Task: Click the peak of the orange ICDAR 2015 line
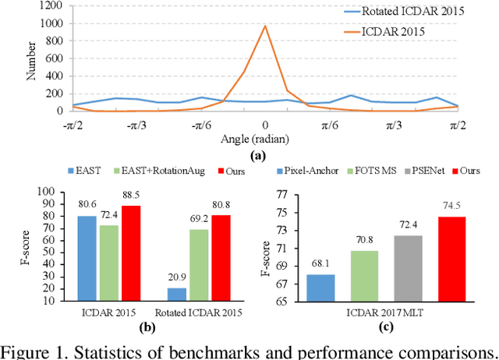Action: click(265, 26)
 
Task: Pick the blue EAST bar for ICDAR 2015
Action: click(88, 254)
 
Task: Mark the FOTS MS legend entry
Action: click(377, 170)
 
